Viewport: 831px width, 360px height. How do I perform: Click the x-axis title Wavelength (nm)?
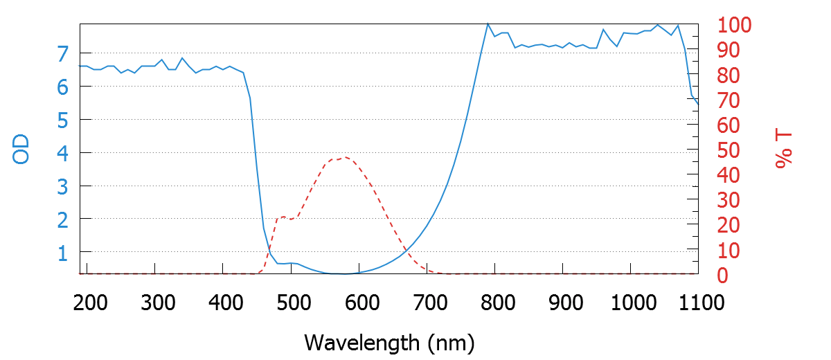389,341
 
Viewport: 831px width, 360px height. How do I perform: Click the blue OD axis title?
22,150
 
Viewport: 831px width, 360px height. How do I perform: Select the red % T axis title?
784,150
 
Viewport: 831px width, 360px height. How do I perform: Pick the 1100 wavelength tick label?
696,303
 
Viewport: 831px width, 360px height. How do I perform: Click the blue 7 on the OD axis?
63,53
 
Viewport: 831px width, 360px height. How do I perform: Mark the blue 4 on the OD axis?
63,153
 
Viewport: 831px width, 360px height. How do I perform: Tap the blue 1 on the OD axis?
63,253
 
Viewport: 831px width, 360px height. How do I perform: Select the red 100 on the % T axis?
733,26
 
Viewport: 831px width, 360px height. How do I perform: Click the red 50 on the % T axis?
727,151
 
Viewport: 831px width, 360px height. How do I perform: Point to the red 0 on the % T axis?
722,276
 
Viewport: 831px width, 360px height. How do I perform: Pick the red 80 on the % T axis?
727,75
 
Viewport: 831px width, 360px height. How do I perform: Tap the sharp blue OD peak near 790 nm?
488,24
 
